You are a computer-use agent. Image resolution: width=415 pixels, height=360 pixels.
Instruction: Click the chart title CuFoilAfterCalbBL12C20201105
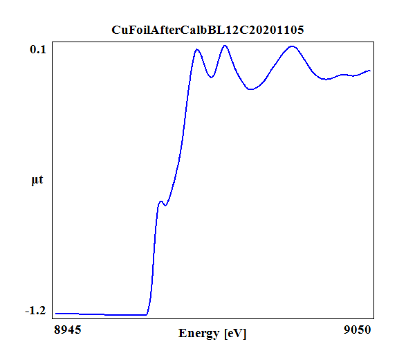coord(207,30)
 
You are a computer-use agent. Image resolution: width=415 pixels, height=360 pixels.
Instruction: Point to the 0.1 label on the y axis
coord(37,49)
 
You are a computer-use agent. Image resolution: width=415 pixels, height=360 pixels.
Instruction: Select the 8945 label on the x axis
coord(68,330)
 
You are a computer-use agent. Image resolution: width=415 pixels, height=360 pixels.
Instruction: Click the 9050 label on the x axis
coord(357,330)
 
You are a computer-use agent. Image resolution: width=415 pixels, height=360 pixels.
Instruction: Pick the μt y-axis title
coord(37,181)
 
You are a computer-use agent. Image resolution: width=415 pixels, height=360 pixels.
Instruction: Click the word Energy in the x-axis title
coord(199,334)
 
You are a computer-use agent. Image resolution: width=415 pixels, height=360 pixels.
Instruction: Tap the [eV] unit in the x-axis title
coord(235,334)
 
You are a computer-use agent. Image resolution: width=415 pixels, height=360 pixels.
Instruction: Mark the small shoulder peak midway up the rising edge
coord(160,201)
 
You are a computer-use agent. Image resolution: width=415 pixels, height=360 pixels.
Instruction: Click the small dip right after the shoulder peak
coord(165,205)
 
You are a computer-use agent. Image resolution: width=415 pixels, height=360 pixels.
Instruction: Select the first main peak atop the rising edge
coord(197,49)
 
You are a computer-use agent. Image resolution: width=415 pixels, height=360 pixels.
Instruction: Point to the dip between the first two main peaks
coord(212,77)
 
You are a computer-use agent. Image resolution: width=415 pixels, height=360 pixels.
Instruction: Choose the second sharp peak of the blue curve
coord(225,46)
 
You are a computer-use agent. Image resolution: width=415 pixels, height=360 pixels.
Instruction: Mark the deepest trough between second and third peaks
coord(252,89)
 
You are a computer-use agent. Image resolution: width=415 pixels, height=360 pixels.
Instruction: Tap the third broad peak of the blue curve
coord(293,46)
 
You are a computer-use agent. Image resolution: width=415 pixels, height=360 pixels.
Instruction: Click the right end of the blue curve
coord(371,71)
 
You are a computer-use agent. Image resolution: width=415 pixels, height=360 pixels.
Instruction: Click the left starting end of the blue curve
coord(55,314)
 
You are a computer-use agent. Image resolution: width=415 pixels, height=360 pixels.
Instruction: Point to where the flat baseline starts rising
coord(147,314)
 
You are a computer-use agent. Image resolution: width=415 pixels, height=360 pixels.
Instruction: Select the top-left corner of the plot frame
coord(53,43)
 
